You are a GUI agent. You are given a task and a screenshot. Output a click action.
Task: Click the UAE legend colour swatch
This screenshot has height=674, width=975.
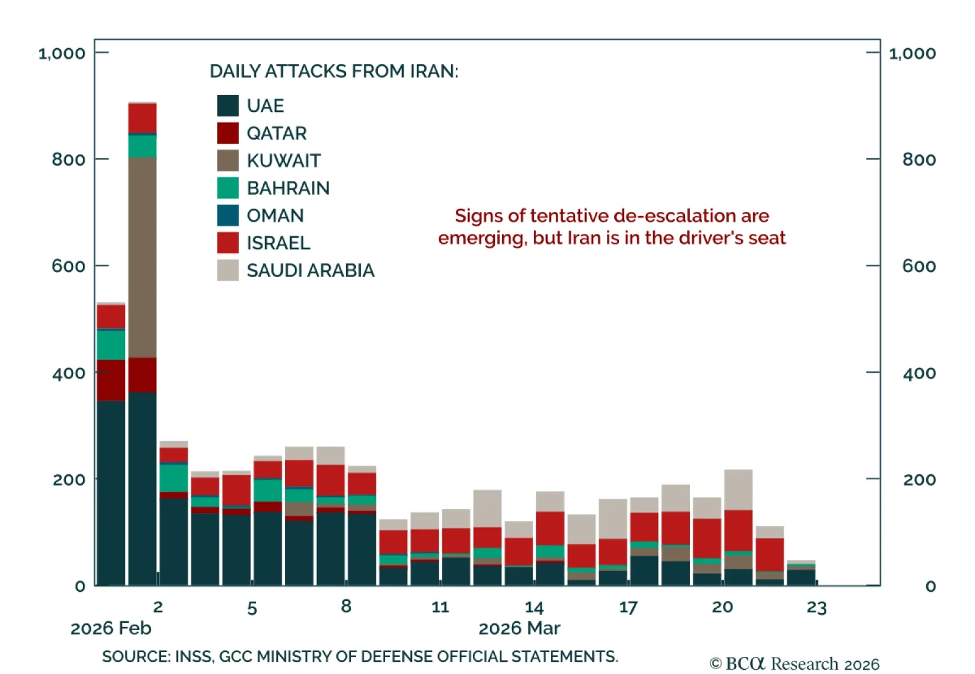(x=227, y=105)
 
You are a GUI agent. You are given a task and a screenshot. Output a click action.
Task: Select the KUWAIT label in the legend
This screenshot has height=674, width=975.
(x=283, y=161)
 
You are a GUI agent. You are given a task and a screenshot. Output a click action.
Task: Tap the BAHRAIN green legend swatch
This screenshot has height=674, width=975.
(x=227, y=188)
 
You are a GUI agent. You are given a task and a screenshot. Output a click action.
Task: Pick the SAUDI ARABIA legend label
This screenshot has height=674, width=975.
(x=310, y=270)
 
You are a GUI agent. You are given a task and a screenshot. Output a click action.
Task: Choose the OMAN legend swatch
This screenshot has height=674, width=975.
(x=227, y=215)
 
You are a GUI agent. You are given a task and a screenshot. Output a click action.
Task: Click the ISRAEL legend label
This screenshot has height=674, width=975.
(x=278, y=243)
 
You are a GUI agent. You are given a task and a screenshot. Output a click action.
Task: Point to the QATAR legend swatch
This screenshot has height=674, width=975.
(x=227, y=133)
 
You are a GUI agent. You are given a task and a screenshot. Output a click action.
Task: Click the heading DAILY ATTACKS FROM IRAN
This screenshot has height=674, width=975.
(x=333, y=71)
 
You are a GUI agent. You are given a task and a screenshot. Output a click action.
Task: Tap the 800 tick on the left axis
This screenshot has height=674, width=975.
(x=68, y=160)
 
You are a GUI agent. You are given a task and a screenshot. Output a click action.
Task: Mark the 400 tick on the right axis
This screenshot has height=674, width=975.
(x=919, y=373)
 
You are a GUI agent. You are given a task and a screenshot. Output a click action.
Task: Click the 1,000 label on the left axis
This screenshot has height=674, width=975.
(x=62, y=54)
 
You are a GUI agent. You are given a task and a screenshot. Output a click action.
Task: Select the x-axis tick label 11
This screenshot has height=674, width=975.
(x=440, y=607)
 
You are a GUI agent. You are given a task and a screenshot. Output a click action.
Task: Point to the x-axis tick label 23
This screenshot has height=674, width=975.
(x=816, y=607)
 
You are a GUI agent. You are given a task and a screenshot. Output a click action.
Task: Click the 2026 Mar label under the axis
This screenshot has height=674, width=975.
(x=519, y=628)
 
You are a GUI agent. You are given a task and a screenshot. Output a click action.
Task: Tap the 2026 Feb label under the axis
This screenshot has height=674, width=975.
(x=111, y=628)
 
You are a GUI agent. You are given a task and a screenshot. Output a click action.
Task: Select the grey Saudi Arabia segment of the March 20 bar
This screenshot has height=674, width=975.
(x=738, y=490)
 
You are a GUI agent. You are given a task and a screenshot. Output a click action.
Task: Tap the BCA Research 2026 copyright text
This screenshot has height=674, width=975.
(x=795, y=664)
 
